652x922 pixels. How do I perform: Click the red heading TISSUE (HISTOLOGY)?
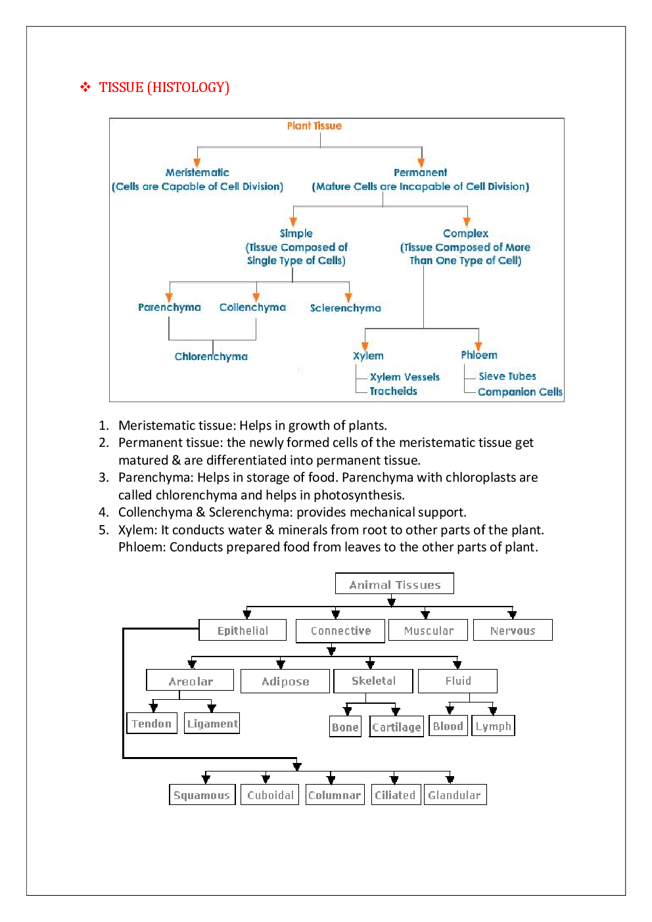(164, 87)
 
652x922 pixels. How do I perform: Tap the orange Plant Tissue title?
(314, 126)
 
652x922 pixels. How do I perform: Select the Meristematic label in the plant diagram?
(197, 172)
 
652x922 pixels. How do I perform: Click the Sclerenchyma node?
(345, 308)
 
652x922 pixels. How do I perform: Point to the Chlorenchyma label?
(211, 356)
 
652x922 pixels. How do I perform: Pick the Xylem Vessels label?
(404, 377)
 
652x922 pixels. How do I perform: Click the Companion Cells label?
(520, 392)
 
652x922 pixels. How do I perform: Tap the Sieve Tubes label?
(507, 376)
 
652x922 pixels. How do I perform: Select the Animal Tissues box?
(394, 584)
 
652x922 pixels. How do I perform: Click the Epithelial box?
(243, 630)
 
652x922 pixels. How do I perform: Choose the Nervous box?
(513, 630)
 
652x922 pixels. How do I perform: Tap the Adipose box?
(285, 681)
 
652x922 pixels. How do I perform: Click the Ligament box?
(212, 724)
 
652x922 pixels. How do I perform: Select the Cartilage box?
(396, 727)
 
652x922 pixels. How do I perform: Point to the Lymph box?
(493, 726)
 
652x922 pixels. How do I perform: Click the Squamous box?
(202, 795)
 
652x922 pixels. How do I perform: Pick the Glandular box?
(454, 795)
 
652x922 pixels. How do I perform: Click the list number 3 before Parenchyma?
(103, 477)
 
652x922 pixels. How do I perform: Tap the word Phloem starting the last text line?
(141, 547)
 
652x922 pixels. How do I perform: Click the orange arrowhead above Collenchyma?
(256, 297)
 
